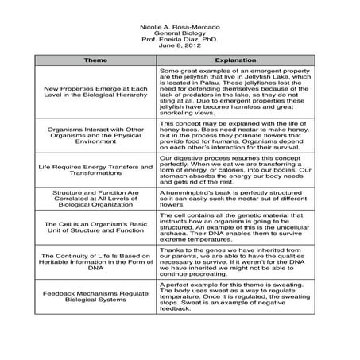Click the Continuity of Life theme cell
pyautogui.click(x=95, y=263)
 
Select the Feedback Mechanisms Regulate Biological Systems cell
pyautogui.click(x=95, y=298)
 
